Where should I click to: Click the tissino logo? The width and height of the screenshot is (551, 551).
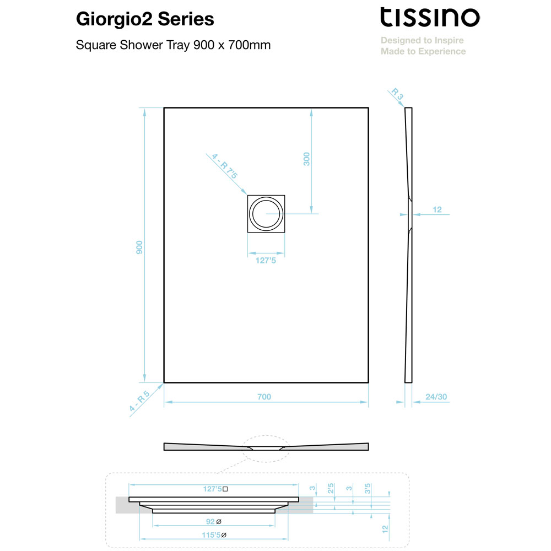pyautogui.click(x=430, y=17)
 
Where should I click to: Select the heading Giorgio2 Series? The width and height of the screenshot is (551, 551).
pyautogui.click(x=145, y=19)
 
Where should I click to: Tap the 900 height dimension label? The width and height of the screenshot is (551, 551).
pyautogui.click(x=139, y=247)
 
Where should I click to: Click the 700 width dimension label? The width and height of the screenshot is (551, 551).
pyautogui.click(x=264, y=397)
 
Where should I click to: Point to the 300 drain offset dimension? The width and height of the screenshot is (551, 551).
pyautogui.click(x=307, y=159)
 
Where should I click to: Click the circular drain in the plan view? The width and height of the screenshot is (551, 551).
pyautogui.click(x=266, y=214)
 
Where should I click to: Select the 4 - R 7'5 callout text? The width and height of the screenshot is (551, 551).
pyautogui.click(x=225, y=166)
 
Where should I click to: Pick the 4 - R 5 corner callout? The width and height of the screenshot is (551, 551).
pyautogui.click(x=139, y=401)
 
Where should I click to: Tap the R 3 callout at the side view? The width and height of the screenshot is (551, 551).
pyautogui.click(x=397, y=94)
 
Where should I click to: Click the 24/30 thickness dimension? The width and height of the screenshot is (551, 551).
pyautogui.click(x=436, y=397)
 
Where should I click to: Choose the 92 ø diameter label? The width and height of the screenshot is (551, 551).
pyautogui.click(x=214, y=521)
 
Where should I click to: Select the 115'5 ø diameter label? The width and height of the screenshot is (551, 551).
pyautogui.click(x=214, y=535)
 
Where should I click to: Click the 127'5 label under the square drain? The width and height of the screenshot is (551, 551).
pyautogui.click(x=266, y=261)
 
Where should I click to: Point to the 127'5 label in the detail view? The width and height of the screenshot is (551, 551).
pyautogui.click(x=215, y=489)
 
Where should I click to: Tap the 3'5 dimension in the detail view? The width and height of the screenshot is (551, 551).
pyautogui.click(x=368, y=488)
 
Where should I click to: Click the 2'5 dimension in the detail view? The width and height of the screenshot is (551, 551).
pyautogui.click(x=331, y=488)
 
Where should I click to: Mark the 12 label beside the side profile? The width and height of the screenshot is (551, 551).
pyautogui.click(x=437, y=209)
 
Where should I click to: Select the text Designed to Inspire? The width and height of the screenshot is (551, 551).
pyautogui.click(x=422, y=40)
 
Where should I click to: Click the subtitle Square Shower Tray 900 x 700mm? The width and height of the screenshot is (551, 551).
pyautogui.click(x=173, y=45)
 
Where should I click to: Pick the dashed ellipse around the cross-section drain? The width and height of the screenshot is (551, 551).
pyautogui.click(x=266, y=436)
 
